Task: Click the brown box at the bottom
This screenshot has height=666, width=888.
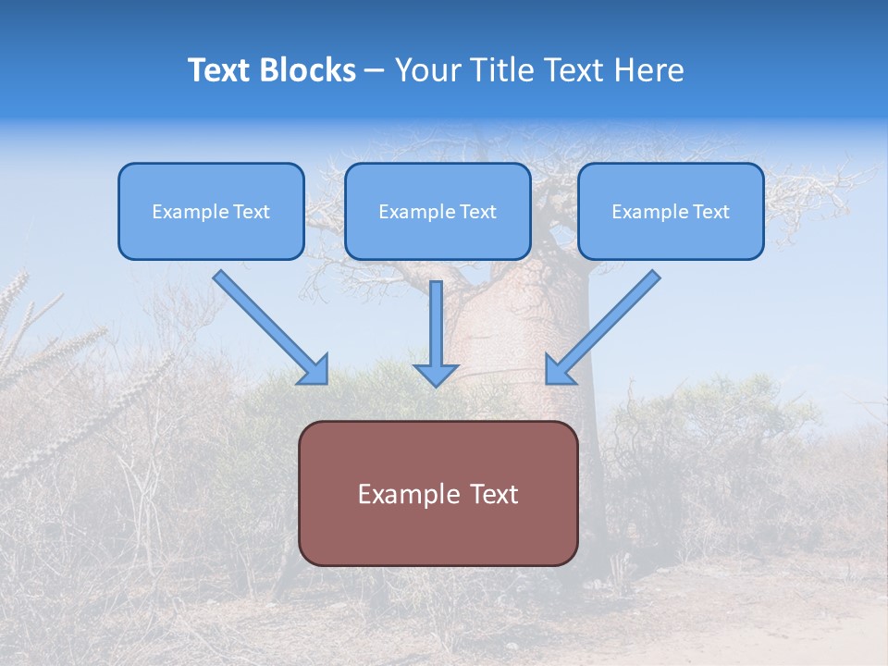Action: (x=438, y=532)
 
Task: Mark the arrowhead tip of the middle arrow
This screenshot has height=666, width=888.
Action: (x=436, y=385)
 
